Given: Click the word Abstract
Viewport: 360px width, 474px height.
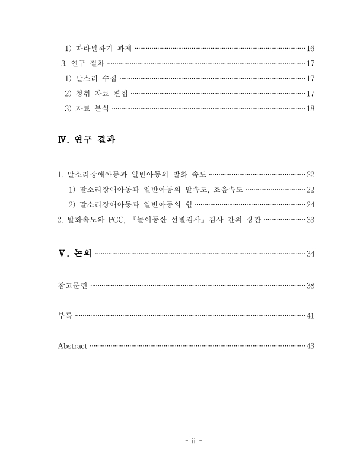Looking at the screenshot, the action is click(x=72, y=346).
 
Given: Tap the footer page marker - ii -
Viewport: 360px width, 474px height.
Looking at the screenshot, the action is click(x=193, y=441).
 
